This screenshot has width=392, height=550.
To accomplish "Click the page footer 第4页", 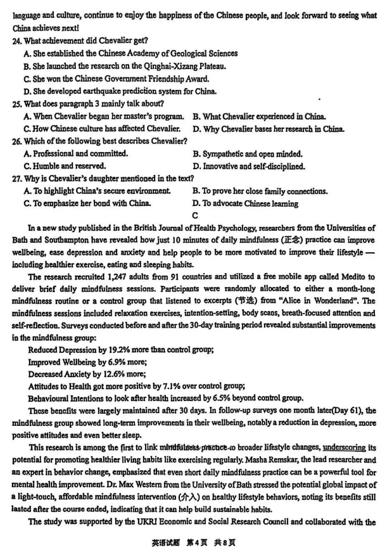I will click(189, 542).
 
